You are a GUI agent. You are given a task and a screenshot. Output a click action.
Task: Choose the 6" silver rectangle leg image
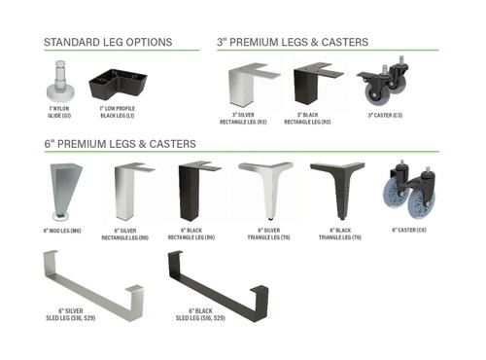point(129,192)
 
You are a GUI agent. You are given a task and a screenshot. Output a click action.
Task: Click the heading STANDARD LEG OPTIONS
point(108,42)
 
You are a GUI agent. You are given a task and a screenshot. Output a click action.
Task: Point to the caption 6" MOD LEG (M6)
point(62,231)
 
